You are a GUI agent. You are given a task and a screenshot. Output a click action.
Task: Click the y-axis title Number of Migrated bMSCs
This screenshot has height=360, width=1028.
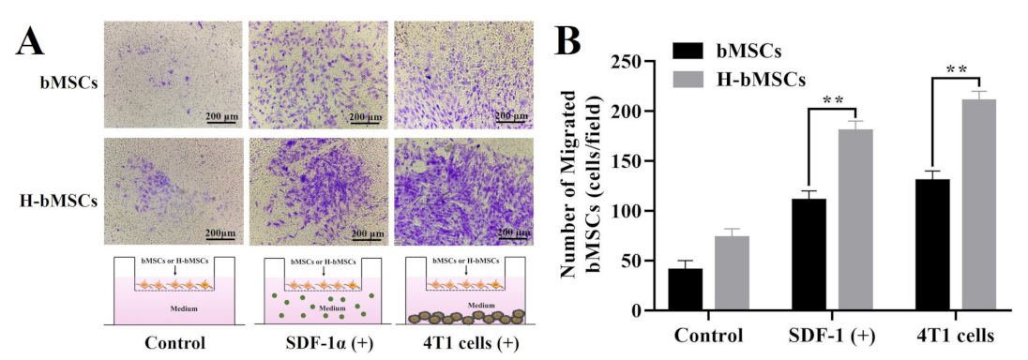click(x=579, y=186)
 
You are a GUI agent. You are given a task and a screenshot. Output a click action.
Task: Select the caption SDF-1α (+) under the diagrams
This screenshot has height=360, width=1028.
click(x=324, y=342)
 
